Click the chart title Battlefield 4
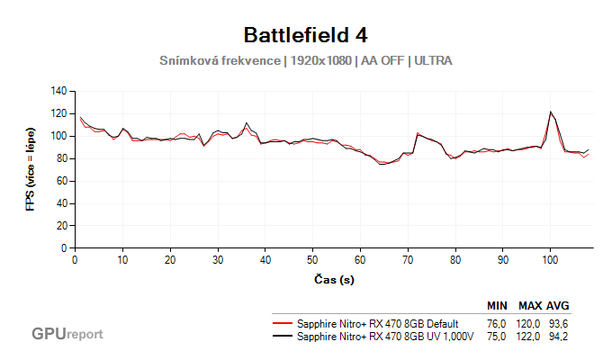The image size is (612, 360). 305,35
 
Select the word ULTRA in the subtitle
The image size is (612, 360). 432,61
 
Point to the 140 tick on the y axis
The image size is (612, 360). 60,91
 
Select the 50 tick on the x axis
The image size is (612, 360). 312,260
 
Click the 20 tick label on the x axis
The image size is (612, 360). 170,260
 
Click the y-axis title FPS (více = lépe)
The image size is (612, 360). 31,169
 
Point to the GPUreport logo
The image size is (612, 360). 67,334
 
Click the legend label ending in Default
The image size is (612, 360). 378,323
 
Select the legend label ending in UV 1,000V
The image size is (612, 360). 384,337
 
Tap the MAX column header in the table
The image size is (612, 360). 529,306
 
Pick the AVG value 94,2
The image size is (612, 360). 558,337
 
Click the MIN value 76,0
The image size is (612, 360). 497,323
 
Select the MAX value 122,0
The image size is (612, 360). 529,337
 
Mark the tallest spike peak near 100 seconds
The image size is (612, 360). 551,112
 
